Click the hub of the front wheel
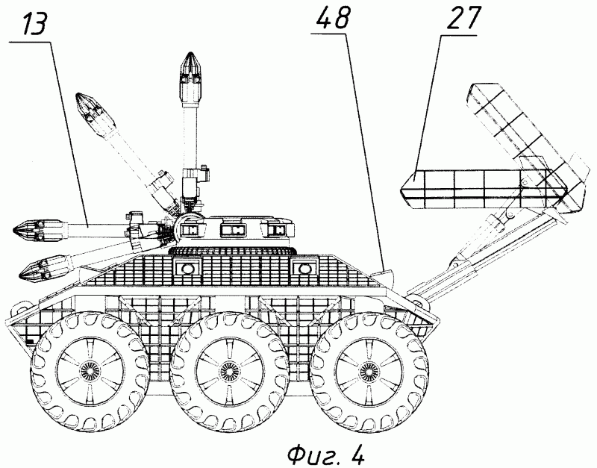[90, 369]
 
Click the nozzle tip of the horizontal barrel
[13, 230]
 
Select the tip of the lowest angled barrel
[21, 275]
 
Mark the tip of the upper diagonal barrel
[78, 95]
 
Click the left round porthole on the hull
[187, 269]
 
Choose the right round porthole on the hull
[304, 269]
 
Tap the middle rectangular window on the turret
[233, 229]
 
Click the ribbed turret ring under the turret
[232, 251]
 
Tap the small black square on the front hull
[31, 341]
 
